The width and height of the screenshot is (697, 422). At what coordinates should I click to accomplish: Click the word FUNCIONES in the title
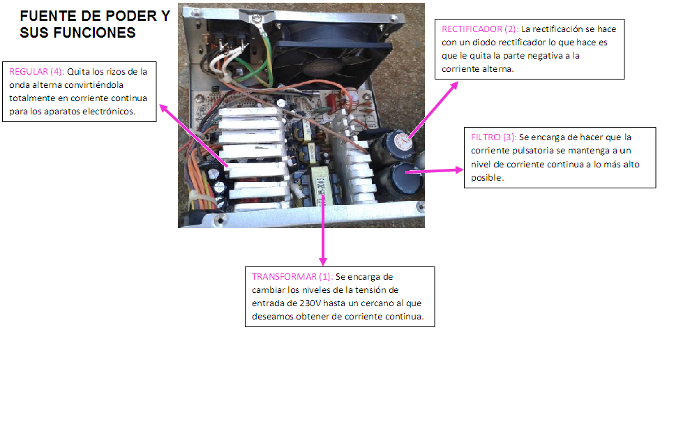[x=94, y=32]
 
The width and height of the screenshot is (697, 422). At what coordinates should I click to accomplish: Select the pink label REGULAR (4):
[x=37, y=72]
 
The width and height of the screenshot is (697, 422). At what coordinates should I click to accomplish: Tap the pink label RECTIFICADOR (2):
[x=480, y=29]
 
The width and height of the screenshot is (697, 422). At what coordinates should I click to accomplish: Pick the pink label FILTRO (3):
[x=494, y=137]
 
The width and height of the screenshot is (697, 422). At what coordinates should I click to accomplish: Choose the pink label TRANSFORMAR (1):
[x=292, y=277]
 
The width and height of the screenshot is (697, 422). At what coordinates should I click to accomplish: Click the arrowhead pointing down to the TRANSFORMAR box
[x=323, y=262]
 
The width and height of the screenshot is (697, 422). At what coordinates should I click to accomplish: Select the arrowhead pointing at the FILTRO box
[x=459, y=169]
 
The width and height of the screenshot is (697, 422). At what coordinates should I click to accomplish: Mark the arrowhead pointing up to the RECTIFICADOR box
[x=454, y=85]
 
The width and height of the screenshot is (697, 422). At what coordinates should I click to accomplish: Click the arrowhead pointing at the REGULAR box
[x=163, y=108]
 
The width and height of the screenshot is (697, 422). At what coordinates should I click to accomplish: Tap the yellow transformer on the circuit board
[x=320, y=186]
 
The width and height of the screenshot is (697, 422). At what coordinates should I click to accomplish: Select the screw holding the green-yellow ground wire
[x=256, y=19]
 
